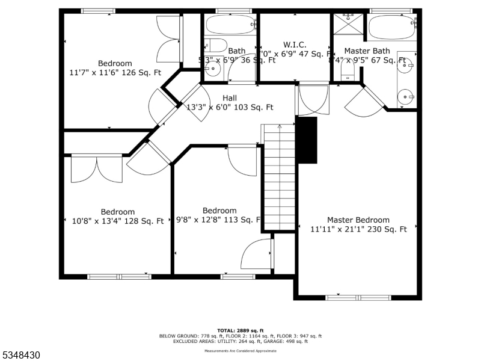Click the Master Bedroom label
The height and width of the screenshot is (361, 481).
358,220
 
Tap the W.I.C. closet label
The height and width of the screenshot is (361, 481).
295,45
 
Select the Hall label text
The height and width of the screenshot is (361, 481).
230,98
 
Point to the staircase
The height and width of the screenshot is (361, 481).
279,177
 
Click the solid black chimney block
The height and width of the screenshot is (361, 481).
307,140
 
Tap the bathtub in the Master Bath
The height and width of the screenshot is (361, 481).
391,27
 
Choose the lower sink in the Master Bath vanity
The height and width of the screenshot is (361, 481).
407,96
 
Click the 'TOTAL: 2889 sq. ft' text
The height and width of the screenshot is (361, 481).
240,331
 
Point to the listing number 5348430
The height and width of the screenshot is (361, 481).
21,356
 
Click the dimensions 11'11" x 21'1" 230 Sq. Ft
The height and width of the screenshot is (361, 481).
358,229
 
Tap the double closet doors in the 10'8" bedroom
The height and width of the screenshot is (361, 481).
96,169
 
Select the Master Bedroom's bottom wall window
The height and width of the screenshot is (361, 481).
358,297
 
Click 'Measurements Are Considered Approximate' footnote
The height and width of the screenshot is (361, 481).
240,351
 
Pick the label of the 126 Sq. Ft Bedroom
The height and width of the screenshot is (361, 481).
115,63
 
